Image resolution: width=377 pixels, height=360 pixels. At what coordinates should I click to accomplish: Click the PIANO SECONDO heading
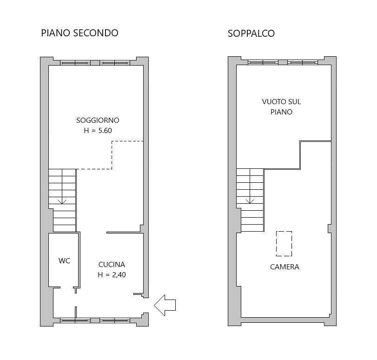point(79,33)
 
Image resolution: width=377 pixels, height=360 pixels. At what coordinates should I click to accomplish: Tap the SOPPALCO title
point(251,33)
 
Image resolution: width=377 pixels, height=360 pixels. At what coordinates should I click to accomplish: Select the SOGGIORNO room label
point(98,120)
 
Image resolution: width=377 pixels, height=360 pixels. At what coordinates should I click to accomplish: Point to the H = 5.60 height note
point(98,130)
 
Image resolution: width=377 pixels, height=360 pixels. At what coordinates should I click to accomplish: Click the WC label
point(64,260)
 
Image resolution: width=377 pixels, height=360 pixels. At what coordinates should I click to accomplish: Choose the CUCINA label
point(112,265)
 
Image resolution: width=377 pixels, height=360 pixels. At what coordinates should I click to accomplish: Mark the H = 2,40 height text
point(112,274)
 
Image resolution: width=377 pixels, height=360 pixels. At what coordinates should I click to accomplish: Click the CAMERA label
point(284,267)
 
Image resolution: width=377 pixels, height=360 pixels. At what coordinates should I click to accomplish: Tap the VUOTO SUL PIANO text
point(281,107)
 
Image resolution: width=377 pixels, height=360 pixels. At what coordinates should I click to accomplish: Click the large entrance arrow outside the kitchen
point(165,305)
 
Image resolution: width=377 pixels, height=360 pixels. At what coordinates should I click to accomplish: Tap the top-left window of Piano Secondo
point(75,63)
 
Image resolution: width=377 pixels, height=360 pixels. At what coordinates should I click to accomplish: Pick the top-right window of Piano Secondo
point(115,63)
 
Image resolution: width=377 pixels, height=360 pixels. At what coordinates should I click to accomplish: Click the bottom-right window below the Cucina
point(115,320)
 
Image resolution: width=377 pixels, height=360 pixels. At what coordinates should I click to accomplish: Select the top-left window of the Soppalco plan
point(263,62)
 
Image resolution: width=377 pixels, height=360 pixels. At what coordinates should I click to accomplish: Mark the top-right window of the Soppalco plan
point(303,62)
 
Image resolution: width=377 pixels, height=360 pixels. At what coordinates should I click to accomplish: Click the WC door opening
point(67,287)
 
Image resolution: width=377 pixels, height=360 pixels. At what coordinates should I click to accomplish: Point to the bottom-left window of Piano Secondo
point(75,320)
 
